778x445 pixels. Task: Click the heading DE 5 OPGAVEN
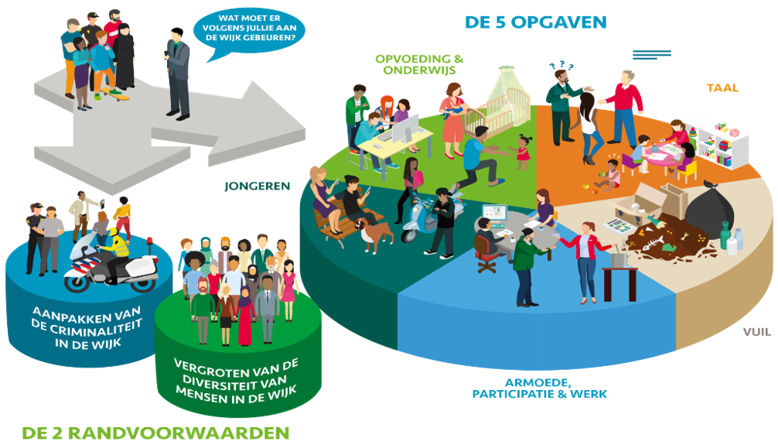click(x=536, y=22)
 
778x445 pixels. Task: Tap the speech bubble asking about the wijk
click(x=249, y=33)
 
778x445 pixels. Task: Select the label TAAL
click(x=722, y=88)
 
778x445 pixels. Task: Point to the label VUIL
click(x=756, y=332)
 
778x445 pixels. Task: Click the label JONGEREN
click(x=257, y=187)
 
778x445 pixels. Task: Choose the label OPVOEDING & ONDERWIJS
click(x=419, y=64)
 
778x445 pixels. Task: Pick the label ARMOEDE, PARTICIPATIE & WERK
click(x=539, y=389)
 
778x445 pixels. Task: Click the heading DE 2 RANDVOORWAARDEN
click(x=155, y=433)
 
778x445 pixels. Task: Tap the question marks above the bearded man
click(x=561, y=65)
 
